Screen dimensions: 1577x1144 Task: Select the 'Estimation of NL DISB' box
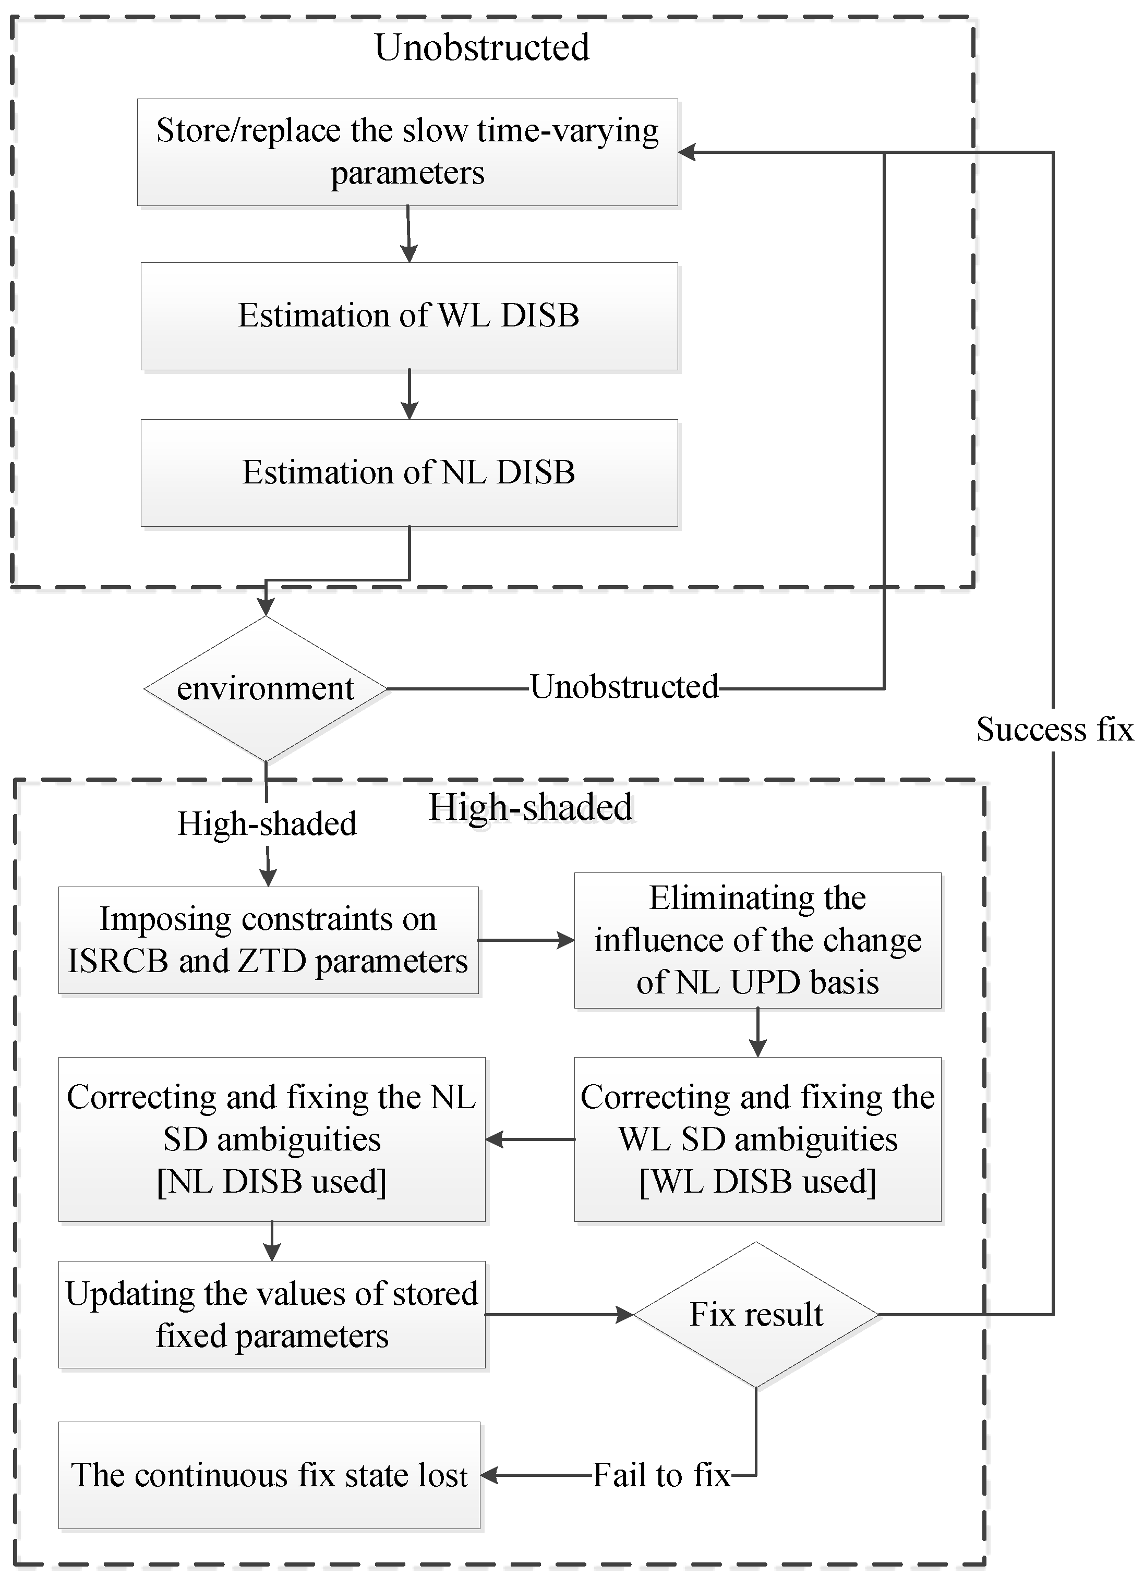(x=409, y=473)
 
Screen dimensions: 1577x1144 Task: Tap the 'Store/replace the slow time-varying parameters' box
(x=407, y=152)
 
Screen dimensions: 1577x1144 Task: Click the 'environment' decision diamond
(x=266, y=688)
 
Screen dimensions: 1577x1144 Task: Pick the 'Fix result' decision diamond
(x=756, y=1314)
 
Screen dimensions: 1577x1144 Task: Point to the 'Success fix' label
(x=1054, y=730)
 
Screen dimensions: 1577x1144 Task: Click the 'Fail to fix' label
(x=660, y=1475)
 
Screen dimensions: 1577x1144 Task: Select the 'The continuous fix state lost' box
(x=269, y=1475)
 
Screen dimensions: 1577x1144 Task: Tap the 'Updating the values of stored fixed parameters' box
(x=272, y=1315)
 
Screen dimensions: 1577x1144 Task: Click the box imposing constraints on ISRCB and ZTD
(x=269, y=940)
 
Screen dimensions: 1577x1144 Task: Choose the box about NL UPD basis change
(x=757, y=940)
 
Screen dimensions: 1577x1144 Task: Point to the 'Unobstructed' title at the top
(x=482, y=47)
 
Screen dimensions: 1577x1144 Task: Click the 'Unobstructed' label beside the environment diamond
(x=624, y=687)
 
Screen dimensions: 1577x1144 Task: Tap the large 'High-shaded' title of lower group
(x=530, y=807)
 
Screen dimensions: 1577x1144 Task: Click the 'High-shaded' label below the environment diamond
(x=267, y=824)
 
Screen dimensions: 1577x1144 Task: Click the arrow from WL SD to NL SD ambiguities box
(x=530, y=1139)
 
